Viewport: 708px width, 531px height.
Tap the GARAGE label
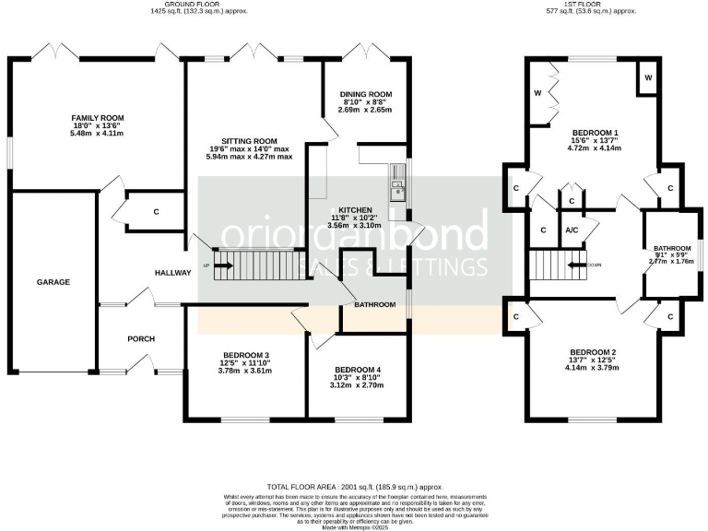(53, 282)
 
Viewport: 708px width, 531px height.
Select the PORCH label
(140, 338)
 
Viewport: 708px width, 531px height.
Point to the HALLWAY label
(172, 272)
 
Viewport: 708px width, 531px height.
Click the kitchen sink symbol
(397, 191)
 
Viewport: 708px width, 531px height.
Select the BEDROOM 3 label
(246, 356)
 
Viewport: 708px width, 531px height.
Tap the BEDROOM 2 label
(594, 353)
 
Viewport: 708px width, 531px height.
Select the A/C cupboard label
(572, 230)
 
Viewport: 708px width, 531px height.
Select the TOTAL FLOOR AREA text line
(355, 486)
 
